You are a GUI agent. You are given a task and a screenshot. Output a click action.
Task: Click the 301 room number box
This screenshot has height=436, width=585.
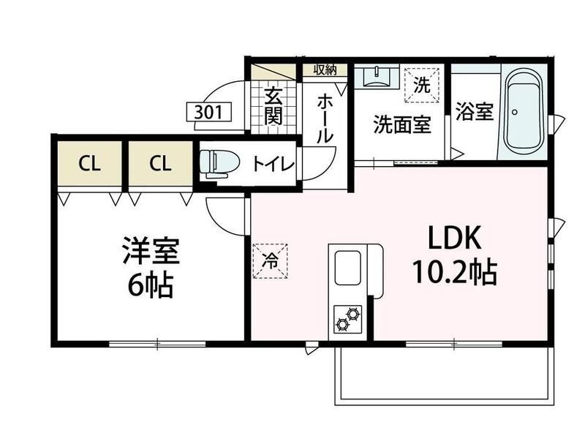(x=209, y=112)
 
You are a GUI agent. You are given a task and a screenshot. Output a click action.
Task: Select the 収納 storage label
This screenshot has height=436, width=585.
(x=325, y=69)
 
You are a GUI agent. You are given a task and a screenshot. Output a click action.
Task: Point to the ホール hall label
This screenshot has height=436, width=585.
(x=324, y=119)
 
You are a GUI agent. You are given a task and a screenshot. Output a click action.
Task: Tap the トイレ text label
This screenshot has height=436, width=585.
(x=273, y=165)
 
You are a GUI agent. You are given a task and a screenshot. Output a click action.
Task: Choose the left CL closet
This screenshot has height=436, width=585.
(x=90, y=163)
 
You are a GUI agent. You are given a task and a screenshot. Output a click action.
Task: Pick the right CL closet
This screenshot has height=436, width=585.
(x=161, y=163)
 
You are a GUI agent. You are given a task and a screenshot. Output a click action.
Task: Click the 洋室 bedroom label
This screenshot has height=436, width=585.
(x=151, y=250)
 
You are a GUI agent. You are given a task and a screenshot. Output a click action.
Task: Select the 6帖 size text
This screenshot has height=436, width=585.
(x=151, y=285)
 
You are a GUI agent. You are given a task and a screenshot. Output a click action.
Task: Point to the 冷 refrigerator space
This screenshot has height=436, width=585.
(x=271, y=261)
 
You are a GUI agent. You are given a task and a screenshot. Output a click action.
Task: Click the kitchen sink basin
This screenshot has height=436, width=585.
(x=348, y=268)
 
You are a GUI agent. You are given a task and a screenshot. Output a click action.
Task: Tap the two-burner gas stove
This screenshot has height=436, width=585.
(x=348, y=319)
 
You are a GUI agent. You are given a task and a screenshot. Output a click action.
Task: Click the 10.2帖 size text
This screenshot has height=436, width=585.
(x=454, y=272)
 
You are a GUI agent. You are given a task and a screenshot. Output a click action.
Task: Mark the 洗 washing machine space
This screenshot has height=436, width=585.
(x=422, y=85)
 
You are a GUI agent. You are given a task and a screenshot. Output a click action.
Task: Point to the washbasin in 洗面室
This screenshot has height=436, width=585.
(x=377, y=77)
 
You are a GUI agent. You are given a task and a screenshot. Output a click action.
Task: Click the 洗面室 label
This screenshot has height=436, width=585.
(x=402, y=124)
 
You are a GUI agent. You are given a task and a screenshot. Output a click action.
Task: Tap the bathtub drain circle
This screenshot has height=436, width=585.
(x=515, y=112)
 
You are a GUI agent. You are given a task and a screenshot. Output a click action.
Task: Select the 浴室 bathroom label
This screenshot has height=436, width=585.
(x=475, y=111)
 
